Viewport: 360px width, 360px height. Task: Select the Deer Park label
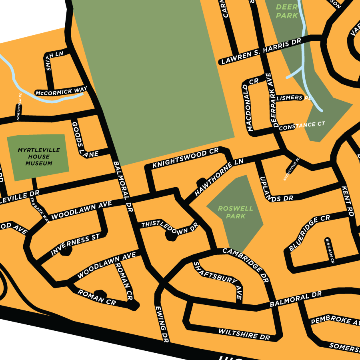point(287,11)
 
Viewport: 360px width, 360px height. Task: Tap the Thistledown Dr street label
point(169,226)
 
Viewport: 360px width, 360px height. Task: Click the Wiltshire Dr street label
point(244,334)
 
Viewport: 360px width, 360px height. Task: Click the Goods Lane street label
point(80,139)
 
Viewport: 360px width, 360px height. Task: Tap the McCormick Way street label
point(61,92)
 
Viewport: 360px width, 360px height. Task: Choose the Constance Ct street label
point(302,126)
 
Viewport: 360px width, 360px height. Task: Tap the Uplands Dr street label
point(276,189)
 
